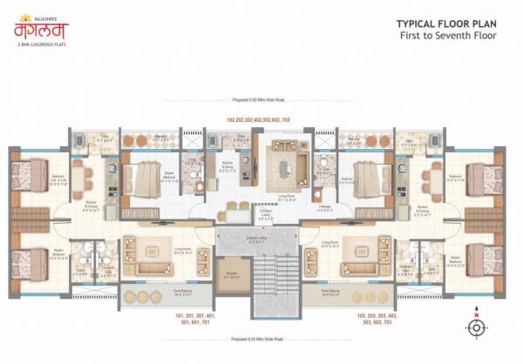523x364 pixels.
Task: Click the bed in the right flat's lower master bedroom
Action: tap(483, 260)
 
